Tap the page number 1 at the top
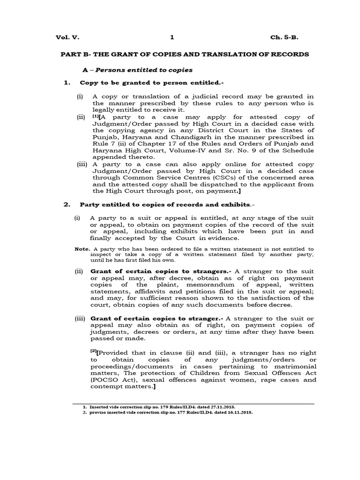[172, 37]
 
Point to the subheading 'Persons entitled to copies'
[144, 70]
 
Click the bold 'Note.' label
[82, 248]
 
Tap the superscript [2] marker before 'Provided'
[93, 352]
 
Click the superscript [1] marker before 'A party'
[96, 116]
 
